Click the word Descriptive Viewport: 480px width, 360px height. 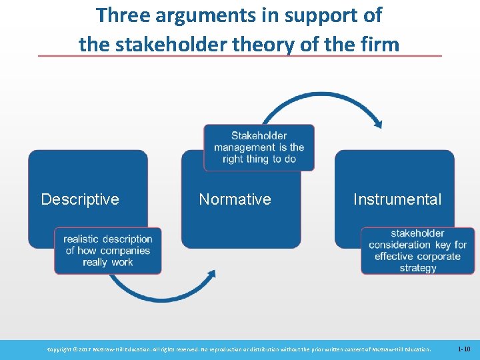click(80, 199)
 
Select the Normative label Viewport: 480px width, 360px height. click(235, 199)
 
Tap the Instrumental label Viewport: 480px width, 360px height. click(397, 199)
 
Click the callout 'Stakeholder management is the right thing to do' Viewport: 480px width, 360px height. click(259, 147)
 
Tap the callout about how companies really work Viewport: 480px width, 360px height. click(108, 251)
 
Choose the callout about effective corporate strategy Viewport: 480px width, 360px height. click(417, 251)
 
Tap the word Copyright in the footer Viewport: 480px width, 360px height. click(61, 349)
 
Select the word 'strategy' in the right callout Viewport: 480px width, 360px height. click(418, 268)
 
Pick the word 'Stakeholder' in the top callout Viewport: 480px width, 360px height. click(259, 136)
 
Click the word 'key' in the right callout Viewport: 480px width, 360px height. click(443, 245)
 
